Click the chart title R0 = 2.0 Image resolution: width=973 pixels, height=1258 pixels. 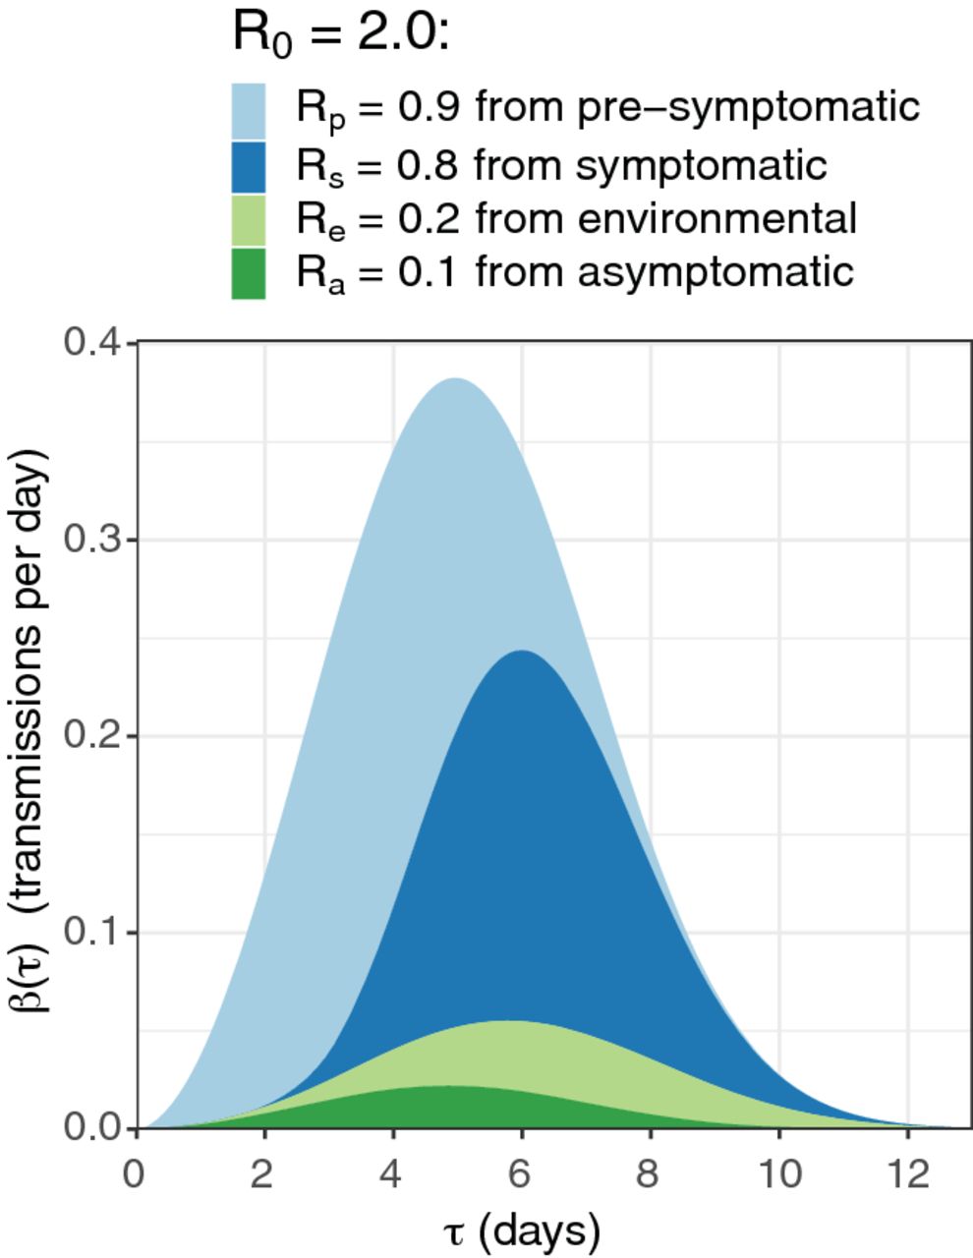click(340, 35)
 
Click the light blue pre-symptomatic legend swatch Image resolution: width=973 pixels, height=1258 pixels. click(248, 110)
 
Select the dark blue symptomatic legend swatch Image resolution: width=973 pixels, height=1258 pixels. click(248, 166)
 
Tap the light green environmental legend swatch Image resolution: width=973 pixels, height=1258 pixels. click(248, 219)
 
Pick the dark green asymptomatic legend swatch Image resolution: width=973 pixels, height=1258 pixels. click(248, 272)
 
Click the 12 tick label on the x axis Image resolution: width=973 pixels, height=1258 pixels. click(907, 1174)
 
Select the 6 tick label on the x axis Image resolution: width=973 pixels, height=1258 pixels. click(521, 1174)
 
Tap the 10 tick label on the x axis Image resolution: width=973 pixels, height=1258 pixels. click(778, 1174)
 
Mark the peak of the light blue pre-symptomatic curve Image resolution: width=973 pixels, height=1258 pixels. click(455, 379)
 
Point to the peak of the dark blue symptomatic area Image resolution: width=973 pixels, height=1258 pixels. click(521, 652)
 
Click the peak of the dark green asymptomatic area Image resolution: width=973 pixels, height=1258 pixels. click(447, 1087)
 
